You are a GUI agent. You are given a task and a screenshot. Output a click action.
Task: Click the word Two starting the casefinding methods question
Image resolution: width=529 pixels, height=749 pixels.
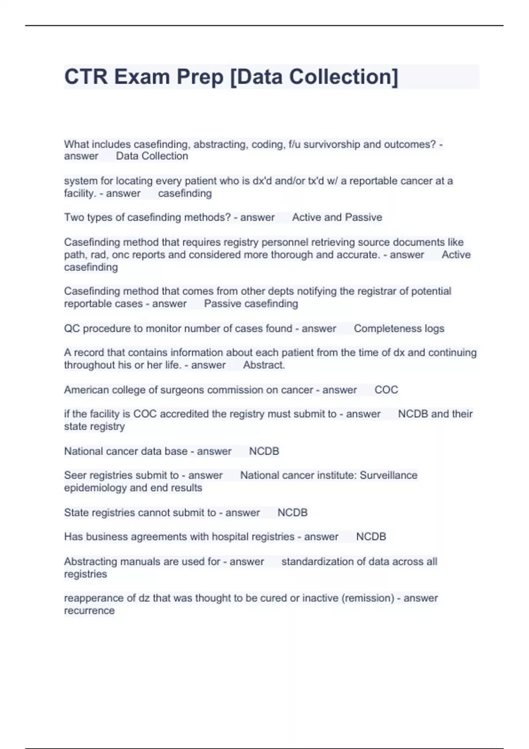[x=72, y=217]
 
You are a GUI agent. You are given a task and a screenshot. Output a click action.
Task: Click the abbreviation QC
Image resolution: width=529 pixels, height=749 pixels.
[x=71, y=329]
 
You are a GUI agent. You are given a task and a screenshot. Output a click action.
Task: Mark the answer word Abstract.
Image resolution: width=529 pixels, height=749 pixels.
[x=264, y=365]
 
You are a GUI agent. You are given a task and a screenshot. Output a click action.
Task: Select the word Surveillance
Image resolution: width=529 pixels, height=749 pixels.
[x=388, y=475]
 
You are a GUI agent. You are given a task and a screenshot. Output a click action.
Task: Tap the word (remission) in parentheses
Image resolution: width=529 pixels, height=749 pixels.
[x=368, y=598]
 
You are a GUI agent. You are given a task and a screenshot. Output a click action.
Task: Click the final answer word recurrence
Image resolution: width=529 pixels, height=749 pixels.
[x=89, y=611]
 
